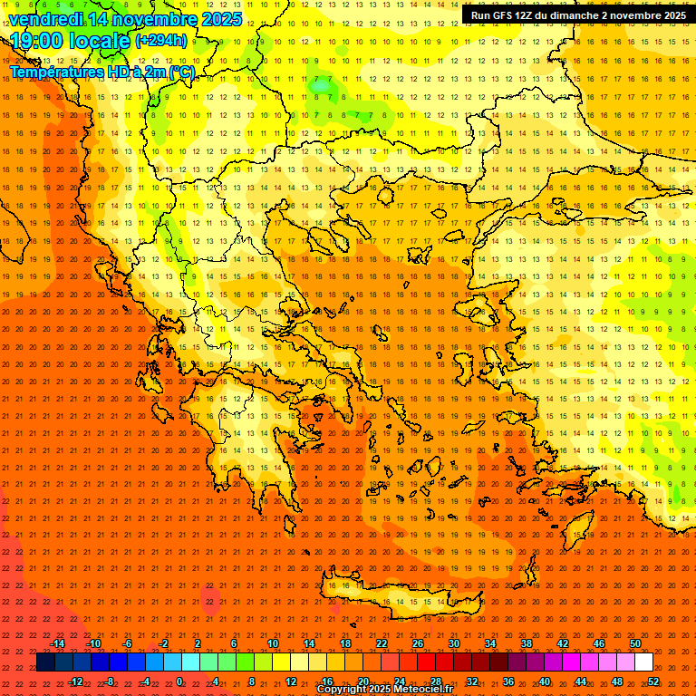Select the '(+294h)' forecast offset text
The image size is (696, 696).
click(x=161, y=41)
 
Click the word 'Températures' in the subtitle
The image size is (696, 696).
click(x=53, y=72)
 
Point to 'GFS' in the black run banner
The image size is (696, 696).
click(x=501, y=15)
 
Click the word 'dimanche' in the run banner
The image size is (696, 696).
click(x=565, y=15)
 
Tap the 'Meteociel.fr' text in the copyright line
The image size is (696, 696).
click(x=417, y=690)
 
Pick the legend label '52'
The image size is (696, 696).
click(x=653, y=681)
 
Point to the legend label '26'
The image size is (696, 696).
click(x=418, y=643)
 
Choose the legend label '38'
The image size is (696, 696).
click(x=527, y=643)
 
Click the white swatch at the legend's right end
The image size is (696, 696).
click(x=643, y=662)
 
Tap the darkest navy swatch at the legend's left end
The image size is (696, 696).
click(x=45, y=662)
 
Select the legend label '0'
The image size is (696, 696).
click(x=179, y=681)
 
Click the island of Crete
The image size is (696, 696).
click(x=399, y=594)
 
